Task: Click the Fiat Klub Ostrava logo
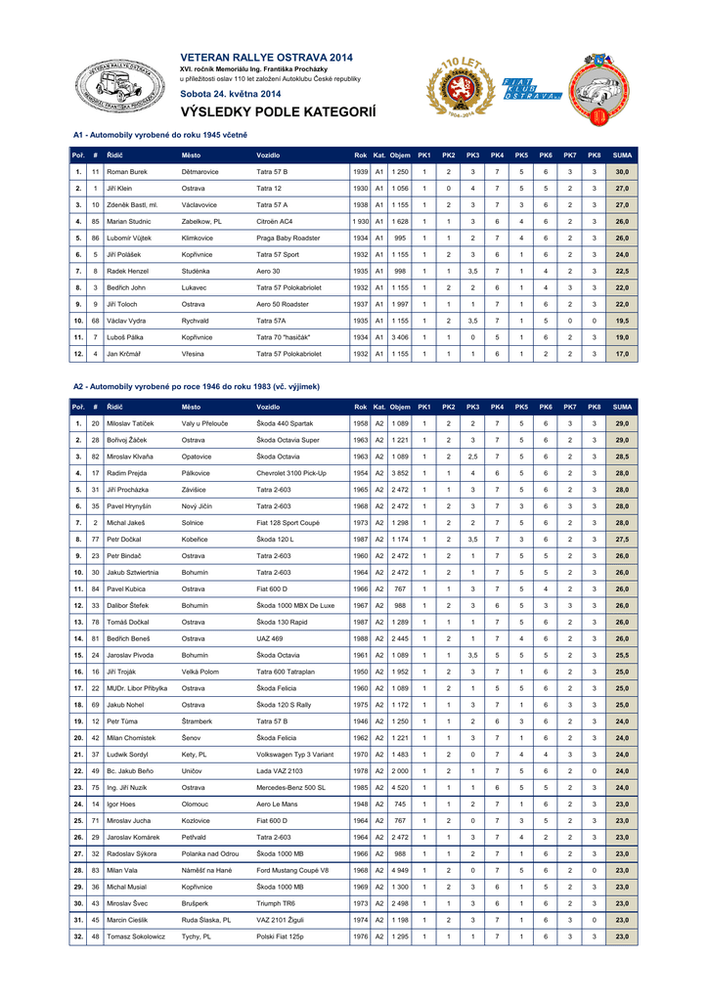coord(529,90)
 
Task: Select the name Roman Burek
coord(127,171)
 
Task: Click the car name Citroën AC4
coord(277,221)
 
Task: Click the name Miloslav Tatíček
coord(132,423)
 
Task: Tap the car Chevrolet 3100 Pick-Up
coord(291,473)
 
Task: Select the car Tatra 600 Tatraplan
coord(289,672)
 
